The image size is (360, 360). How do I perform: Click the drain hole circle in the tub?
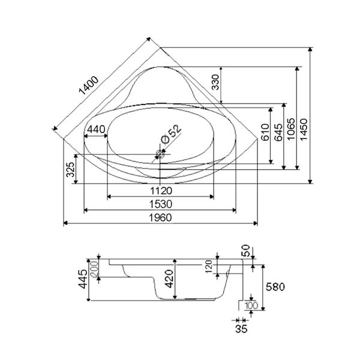click(x=161, y=154)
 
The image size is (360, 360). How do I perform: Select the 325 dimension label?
click(x=71, y=171)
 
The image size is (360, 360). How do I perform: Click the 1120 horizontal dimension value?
click(x=160, y=191)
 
